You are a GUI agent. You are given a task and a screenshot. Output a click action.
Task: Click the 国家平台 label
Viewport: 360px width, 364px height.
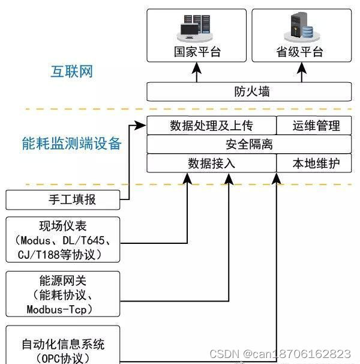click(x=197, y=52)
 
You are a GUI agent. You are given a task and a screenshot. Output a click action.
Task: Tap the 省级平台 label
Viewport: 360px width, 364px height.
click(x=301, y=52)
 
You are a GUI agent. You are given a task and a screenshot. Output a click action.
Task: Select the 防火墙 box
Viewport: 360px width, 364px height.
click(x=250, y=92)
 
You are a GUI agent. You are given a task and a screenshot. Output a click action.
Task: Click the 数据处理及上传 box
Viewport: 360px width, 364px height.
click(x=211, y=126)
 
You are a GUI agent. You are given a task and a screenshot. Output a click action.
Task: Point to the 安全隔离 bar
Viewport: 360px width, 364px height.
click(x=250, y=144)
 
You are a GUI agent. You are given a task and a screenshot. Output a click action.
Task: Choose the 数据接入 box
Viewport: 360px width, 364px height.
click(x=211, y=163)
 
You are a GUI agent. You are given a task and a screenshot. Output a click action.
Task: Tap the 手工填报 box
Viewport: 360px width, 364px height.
click(x=63, y=199)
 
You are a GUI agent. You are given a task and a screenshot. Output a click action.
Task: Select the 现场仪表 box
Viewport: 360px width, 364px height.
click(x=63, y=240)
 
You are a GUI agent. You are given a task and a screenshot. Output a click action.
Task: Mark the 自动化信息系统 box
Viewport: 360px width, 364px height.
click(x=63, y=345)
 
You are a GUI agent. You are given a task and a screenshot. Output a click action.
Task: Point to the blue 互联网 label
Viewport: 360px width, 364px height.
click(x=71, y=72)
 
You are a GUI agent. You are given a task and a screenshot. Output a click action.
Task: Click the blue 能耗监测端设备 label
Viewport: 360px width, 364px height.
click(x=71, y=143)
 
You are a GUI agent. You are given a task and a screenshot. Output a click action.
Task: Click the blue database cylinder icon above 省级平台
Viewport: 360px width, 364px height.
click(x=307, y=31)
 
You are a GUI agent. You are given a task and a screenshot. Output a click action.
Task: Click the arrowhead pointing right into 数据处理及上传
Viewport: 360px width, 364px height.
click(x=142, y=126)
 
